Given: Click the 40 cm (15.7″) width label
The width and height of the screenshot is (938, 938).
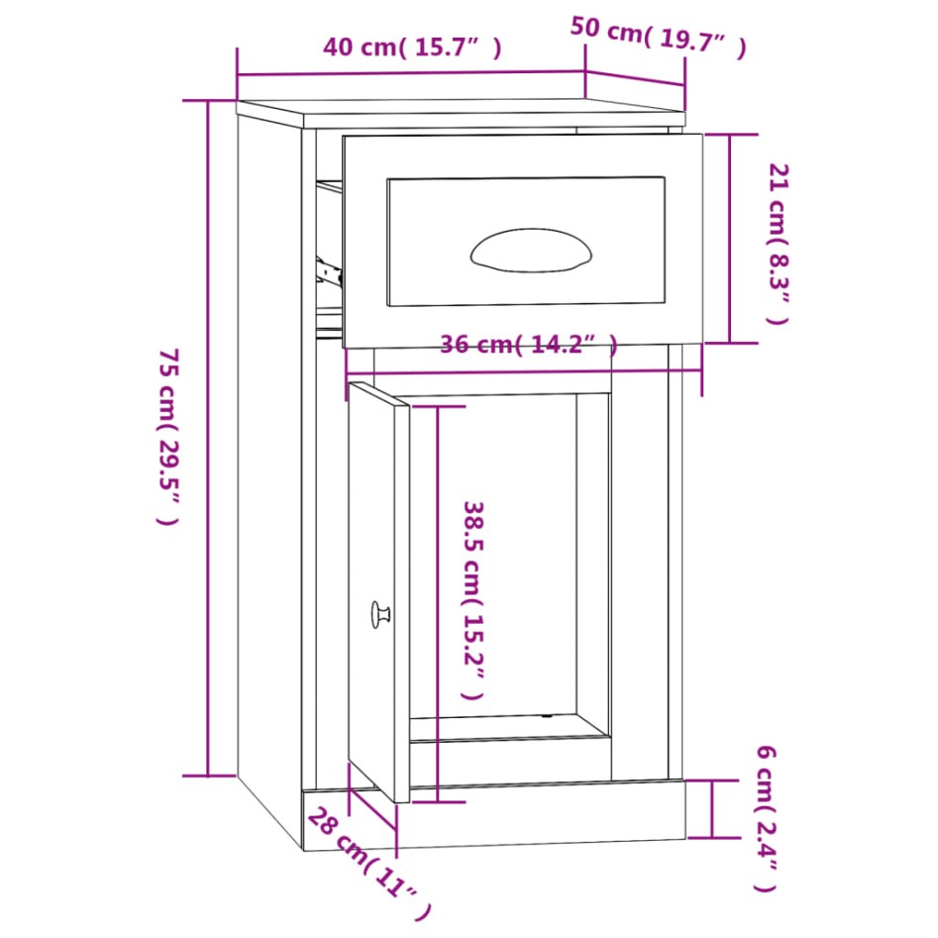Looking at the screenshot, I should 412,48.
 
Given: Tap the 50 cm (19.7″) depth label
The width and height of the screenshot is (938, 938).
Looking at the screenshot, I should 657,38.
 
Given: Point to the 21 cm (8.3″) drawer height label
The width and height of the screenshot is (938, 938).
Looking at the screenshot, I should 778,244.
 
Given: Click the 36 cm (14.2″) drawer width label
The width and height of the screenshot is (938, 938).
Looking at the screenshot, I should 529,345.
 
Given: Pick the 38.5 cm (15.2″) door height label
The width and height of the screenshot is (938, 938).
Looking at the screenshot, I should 473,600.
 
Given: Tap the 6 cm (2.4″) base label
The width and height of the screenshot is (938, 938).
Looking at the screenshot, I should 765,816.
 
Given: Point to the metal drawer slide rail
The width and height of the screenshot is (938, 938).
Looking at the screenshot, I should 327,269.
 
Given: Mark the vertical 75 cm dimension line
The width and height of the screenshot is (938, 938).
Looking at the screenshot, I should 208,436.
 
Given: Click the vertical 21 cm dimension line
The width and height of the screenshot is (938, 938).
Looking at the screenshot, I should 731,238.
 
